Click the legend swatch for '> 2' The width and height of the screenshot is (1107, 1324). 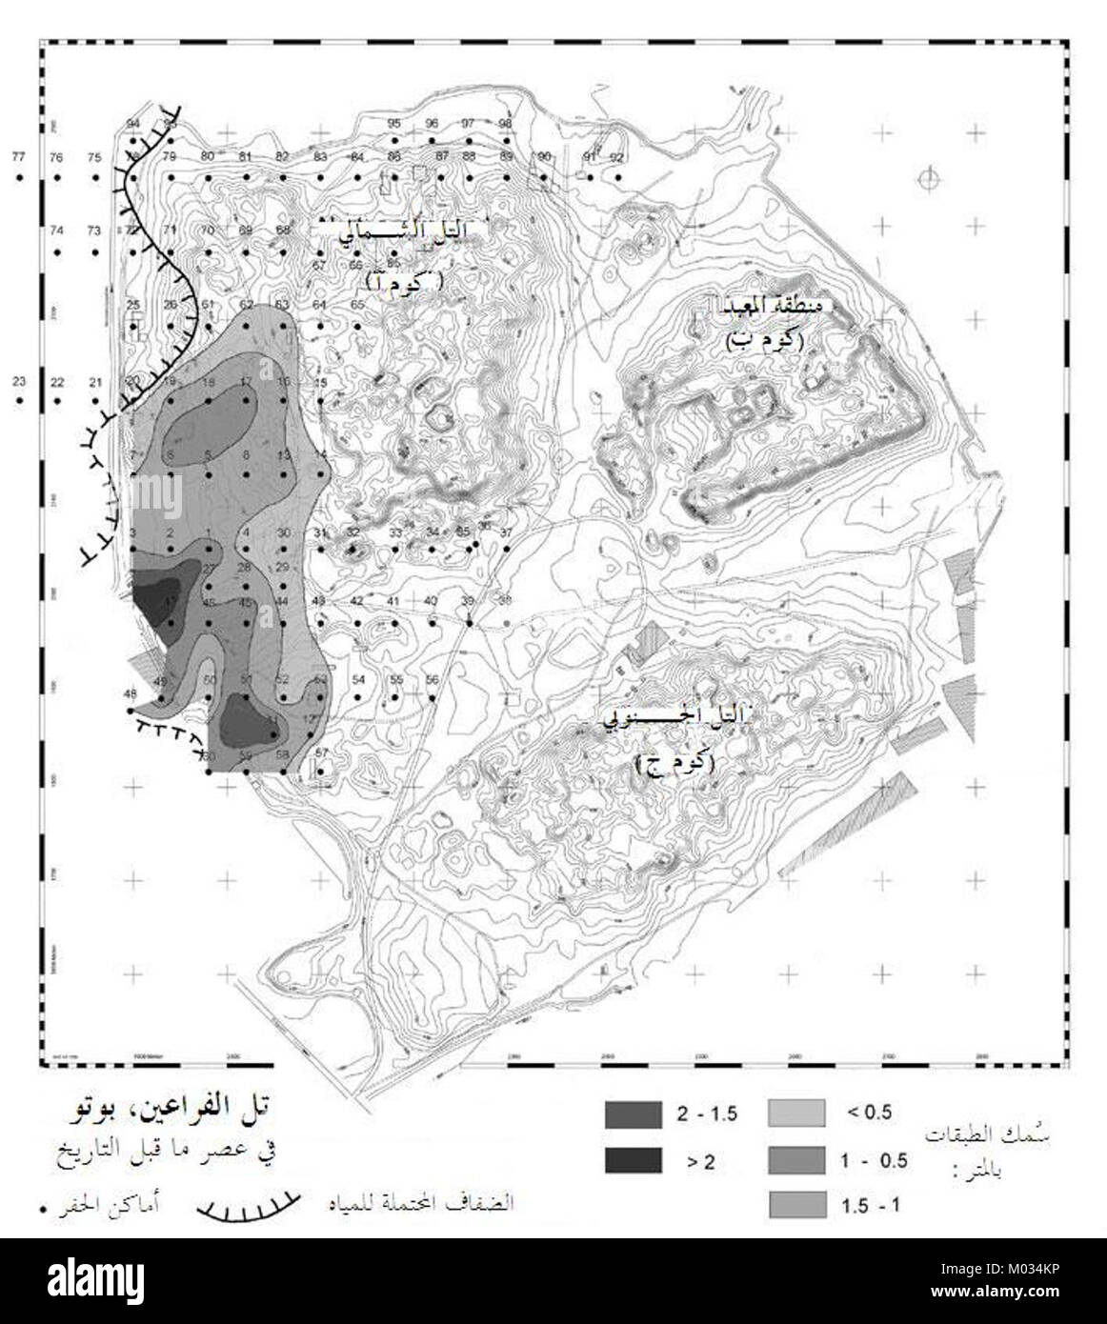pos(633,1159)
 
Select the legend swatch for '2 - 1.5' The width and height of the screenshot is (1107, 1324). pos(633,1113)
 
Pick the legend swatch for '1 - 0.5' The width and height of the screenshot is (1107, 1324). pos(795,1159)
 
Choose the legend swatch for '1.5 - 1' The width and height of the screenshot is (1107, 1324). pos(795,1204)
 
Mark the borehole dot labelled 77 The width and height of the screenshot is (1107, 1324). pos(18,178)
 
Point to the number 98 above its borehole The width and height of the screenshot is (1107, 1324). pos(506,123)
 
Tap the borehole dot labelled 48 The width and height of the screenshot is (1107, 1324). pos(130,711)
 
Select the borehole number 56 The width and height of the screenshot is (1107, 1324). pos(432,680)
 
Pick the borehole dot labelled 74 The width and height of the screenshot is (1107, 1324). pos(57,251)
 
